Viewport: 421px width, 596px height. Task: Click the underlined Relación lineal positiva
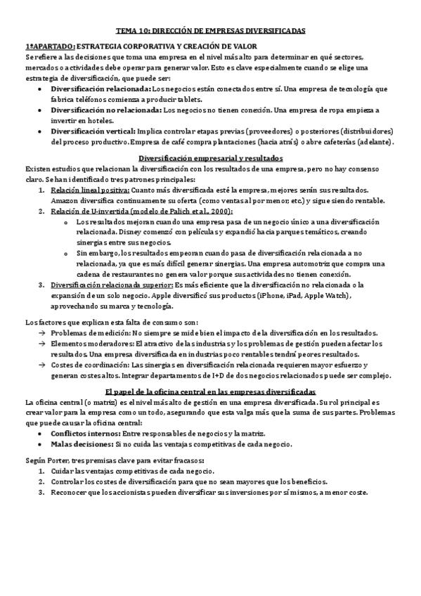click(90, 190)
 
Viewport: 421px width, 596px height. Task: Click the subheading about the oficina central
click(211, 390)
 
